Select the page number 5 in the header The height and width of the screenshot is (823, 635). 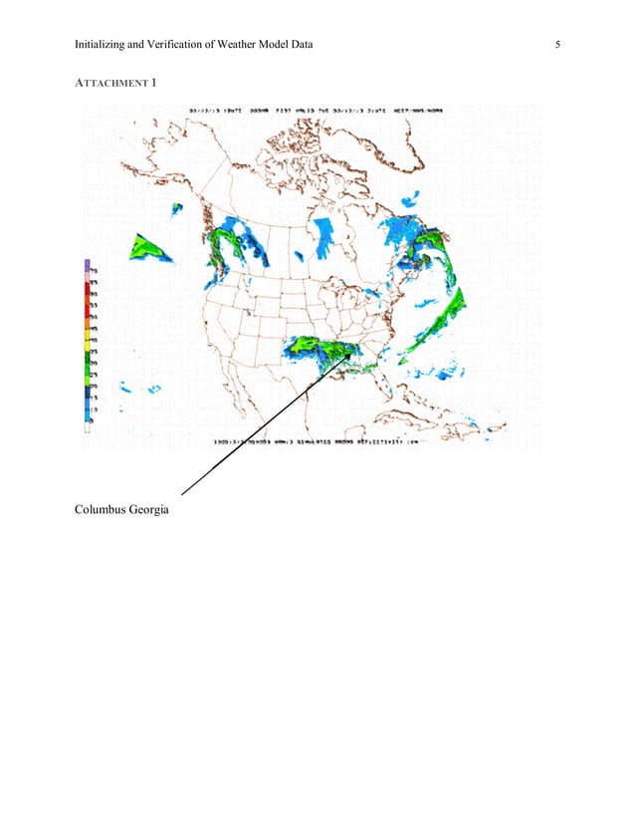coord(558,44)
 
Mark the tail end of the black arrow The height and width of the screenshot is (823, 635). coord(182,493)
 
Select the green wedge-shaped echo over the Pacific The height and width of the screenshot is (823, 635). coord(147,249)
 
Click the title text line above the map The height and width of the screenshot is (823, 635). coord(318,111)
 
